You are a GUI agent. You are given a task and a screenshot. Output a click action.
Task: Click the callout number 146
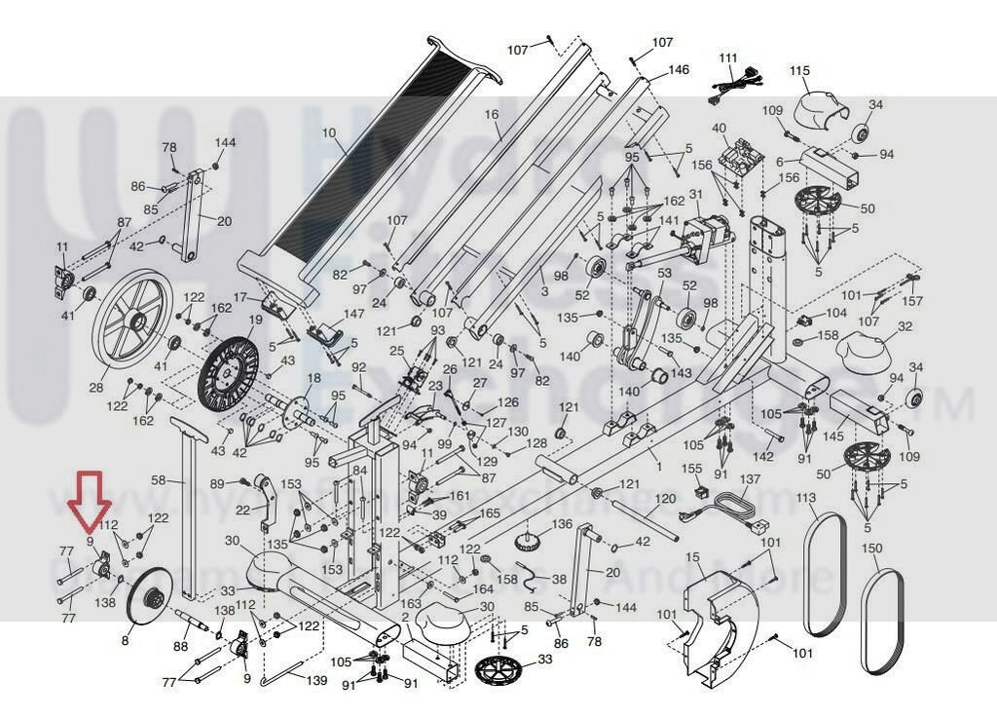pyautogui.click(x=678, y=70)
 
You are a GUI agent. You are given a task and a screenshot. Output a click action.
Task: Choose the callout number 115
pyautogui.click(x=799, y=71)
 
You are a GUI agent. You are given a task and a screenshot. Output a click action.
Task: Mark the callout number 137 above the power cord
pyautogui.click(x=749, y=480)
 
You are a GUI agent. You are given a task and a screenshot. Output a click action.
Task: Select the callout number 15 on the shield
pyautogui.click(x=693, y=556)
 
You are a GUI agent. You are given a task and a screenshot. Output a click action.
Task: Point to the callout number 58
pyautogui.click(x=160, y=480)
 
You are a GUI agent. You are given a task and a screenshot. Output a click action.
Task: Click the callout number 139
pyautogui.click(x=317, y=681)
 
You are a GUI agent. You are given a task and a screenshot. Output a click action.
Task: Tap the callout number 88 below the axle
pyautogui.click(x=180, y=646)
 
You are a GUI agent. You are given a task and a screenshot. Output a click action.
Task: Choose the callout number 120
pyautogui.click(x=665, y=499)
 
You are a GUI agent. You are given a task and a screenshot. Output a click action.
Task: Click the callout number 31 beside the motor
pyautogui.click(x=694, y=195)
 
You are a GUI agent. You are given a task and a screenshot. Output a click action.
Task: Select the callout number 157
pyautogui.click(x=912, y=301)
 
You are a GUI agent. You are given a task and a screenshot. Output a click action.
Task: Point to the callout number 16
pyautogui.click(x=491, y=114)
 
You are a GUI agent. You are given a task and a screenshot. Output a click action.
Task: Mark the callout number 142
pyautogui.click(x=763, y=456)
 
